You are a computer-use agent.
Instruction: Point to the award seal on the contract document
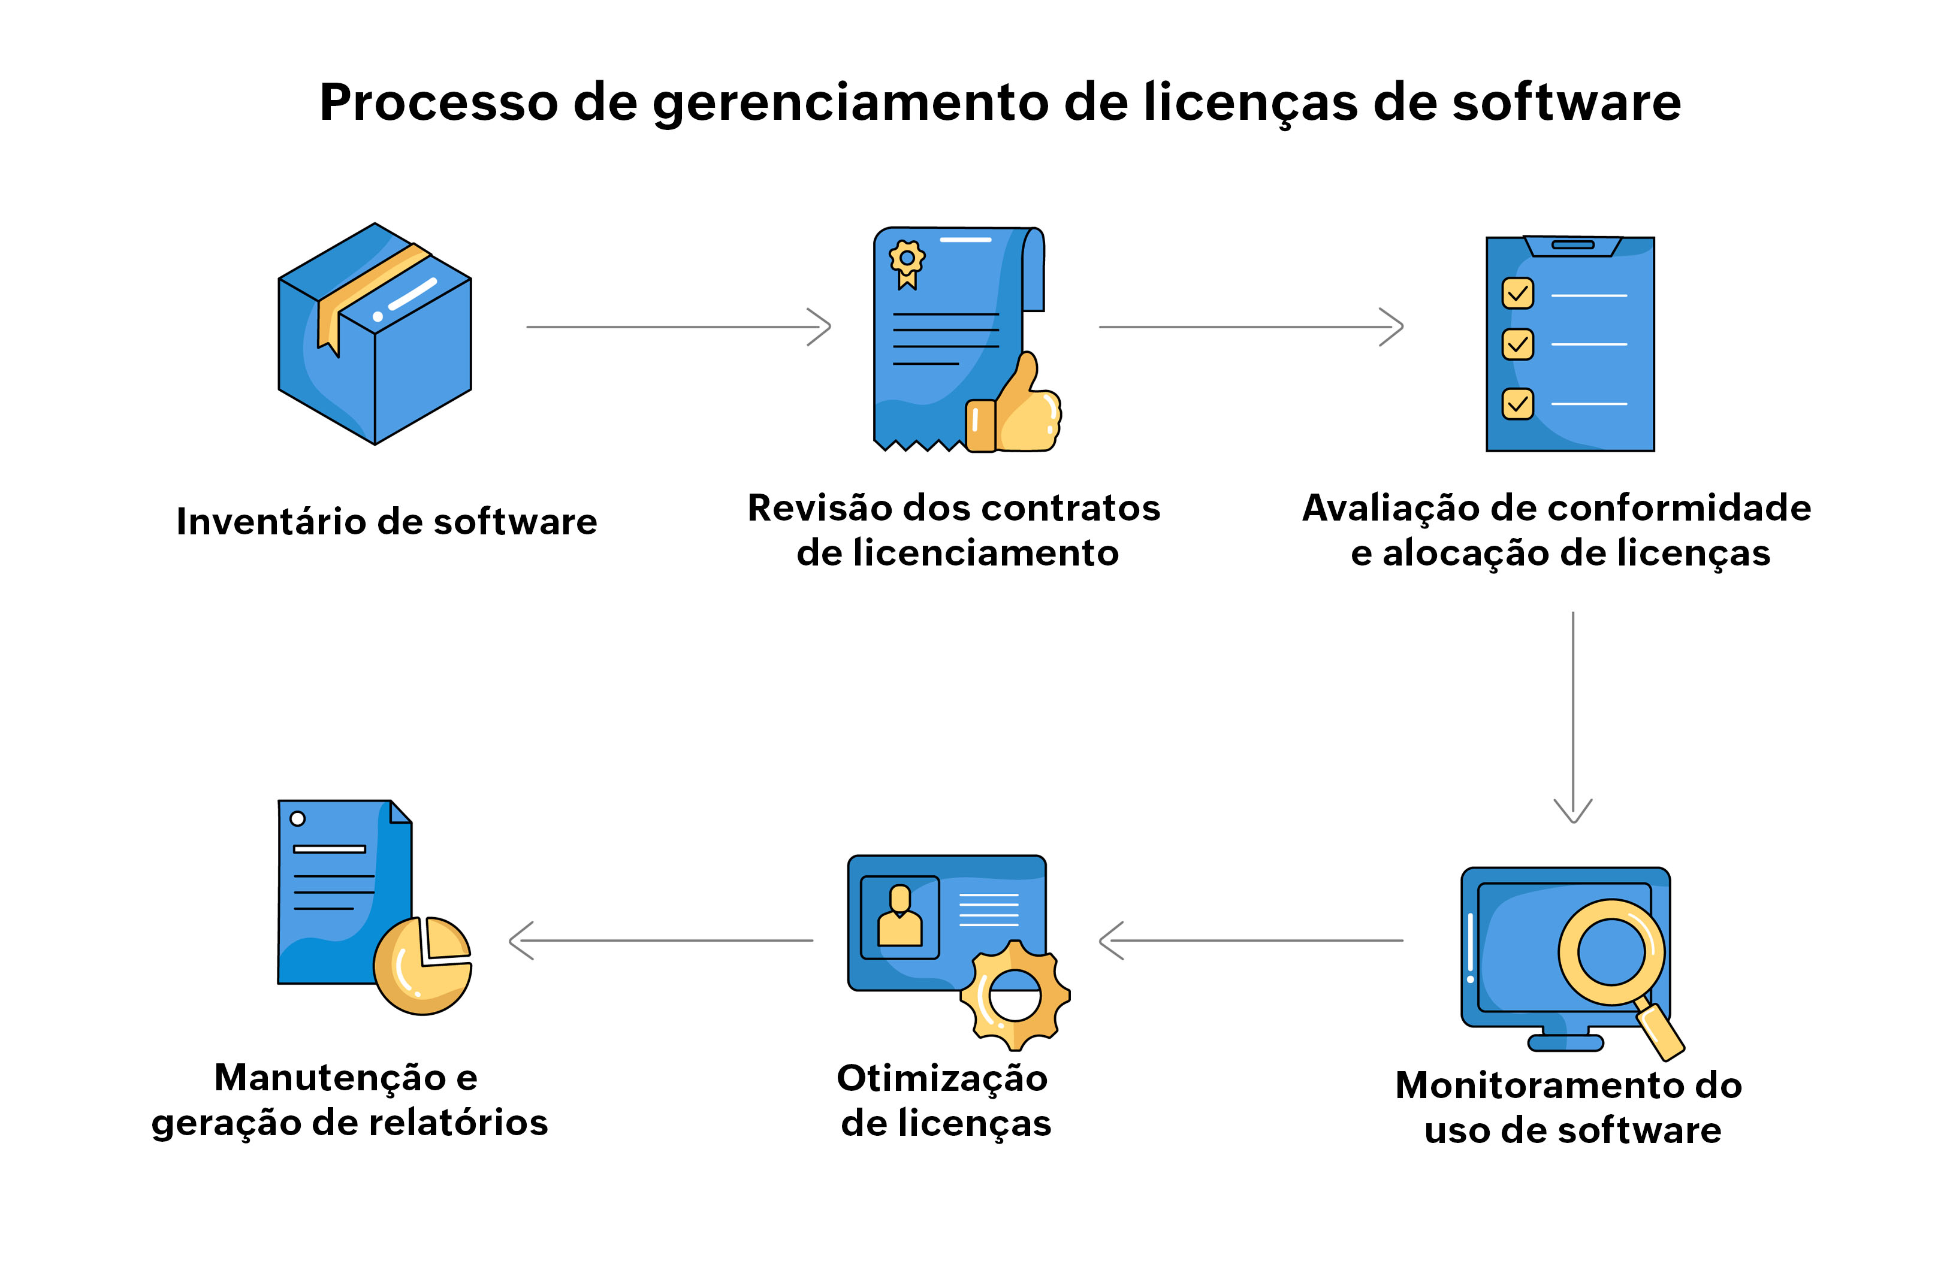pos(907,261)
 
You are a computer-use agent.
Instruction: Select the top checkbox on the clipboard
pos(1517,293)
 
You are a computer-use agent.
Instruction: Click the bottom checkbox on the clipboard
pos(1517,404)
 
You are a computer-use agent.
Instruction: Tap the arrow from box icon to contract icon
pos(678,326)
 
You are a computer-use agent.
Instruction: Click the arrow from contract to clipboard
pos(1251,326)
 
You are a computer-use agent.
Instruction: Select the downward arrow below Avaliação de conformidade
pos(1572,716)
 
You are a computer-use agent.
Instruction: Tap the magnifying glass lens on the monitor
pos(1611,951)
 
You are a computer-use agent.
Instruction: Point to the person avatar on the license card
pos(899,917)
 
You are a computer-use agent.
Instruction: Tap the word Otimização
pos(942,1078)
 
